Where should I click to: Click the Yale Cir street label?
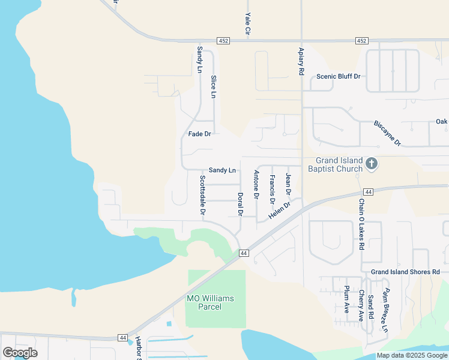pyautogui.click(x=247, y=23)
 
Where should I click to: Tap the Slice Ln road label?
pyautogui.click(x=213, y=86)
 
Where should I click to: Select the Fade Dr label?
pyautogui.click(x=199, y=134)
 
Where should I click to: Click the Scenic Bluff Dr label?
pyautogui.click(x=338, y=76)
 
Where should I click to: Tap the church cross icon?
pyautogui.click(x=372, y=164)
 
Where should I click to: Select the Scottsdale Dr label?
pyautogui.click(x=203, y=196)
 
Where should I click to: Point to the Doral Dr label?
pyautogui.click(x=240, y=204)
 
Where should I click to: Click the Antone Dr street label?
pyautogui.click(x=256, y=184)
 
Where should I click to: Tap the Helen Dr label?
pyautogui.click(x=279, y=211)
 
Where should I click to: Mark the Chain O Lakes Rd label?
pyautogui.click(x=361, y=224)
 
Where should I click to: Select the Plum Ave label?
pyautogui.click(x=347, y=299)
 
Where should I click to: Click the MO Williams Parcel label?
pyautogui.click(x=209, y=302)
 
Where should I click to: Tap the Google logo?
pyautogui.click(x=20, y=353)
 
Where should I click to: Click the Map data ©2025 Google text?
pyautogui.click(x=411, y=355)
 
